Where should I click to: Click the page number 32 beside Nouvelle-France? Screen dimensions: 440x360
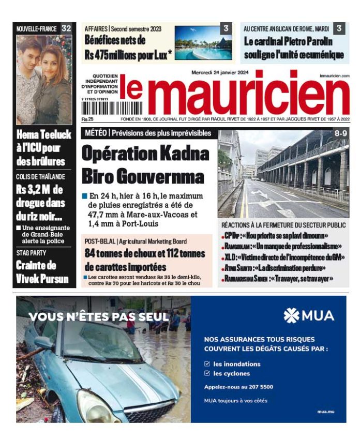point(66,29)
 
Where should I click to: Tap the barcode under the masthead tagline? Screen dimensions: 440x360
point(98,108)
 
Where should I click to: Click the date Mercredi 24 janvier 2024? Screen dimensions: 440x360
point(220,72)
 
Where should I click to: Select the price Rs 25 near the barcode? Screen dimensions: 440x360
point(86,119)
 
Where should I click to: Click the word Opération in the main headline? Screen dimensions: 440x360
point(116,154)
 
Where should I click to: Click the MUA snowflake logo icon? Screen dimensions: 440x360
point(291,315)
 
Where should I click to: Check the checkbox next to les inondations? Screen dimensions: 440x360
point(207,363)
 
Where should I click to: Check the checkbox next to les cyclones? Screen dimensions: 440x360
point(207,373)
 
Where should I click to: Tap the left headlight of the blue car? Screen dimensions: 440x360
point(91,406)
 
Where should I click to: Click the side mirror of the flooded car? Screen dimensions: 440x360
point(44,342)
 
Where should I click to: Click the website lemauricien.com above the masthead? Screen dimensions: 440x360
point(334,76)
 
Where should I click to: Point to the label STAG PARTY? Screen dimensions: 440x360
point(31,253)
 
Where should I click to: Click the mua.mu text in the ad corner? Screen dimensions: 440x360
point(326,411)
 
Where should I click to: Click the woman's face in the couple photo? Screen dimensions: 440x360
point(53,57)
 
